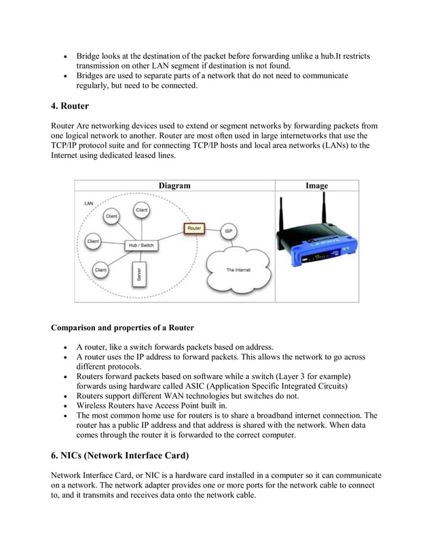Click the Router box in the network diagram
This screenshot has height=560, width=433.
click(193, 228)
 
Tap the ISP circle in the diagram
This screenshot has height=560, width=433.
click(230, 231)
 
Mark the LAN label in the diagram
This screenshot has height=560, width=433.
click(89, 203)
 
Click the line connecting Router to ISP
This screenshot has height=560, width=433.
click(212, 230)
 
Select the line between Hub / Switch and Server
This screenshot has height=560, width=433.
click(140, 257)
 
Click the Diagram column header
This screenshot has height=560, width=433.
click(174, 186)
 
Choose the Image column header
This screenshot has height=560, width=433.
click(316, 186)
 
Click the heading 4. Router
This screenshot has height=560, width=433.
click(70, 106)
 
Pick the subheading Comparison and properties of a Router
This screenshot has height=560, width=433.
click(122, 328)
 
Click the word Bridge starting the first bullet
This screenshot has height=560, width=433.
click(88, 56)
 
